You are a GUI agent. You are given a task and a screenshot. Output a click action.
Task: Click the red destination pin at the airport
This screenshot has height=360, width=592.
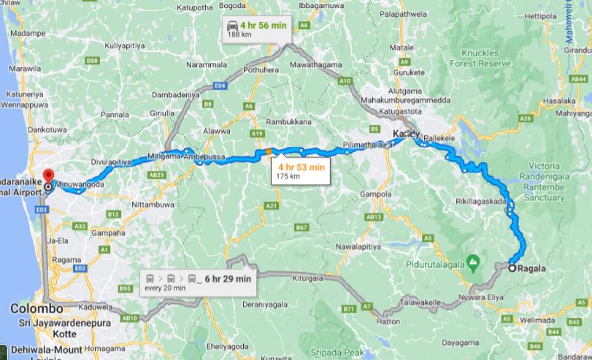point(48,176)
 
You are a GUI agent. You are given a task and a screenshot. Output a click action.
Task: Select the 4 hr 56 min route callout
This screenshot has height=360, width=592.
point(257,28)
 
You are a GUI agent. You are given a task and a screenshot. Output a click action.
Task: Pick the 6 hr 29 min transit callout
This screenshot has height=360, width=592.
point(197,282)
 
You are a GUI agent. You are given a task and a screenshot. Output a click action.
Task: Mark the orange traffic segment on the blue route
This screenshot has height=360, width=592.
point(269,152)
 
